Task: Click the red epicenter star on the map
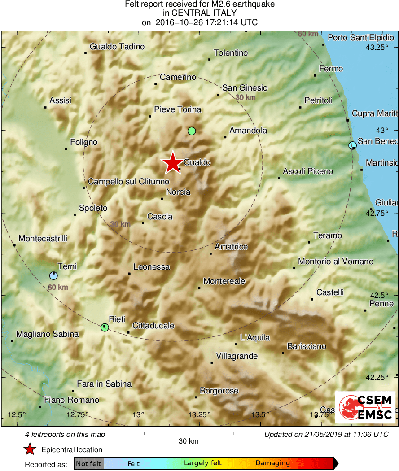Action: (172, 163)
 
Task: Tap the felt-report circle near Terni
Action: (53, 275)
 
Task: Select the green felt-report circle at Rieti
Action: (105, 327)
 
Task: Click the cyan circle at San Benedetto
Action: (352, 145)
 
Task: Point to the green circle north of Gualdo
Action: (192, 131)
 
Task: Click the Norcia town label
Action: (178, 192)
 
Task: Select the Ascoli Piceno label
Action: (308, 171)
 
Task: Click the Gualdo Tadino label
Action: (117, 47)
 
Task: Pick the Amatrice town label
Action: (231, 247)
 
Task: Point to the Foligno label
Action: (84, 142)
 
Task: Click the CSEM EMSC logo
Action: (365, 407)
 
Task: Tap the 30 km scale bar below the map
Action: (189, 433)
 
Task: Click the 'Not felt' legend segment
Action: (88, 463)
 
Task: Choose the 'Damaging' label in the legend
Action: (272, 463)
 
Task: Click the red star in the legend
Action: (30, 449)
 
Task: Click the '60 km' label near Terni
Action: (57, 287)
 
